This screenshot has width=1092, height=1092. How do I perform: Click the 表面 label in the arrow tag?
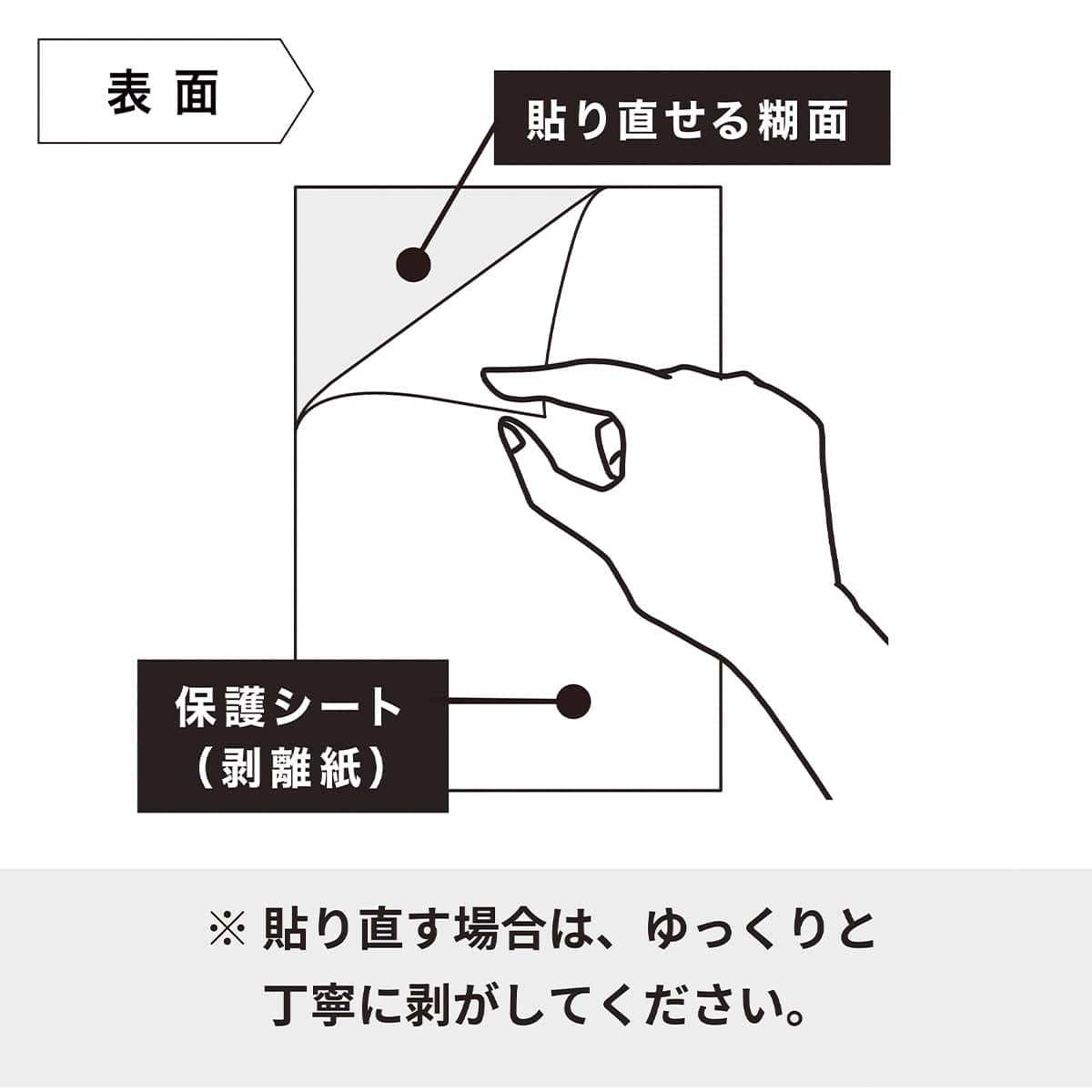(164, 93)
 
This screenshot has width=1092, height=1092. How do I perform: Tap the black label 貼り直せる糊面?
(691, 119)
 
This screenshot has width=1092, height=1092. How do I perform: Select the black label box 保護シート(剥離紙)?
(292, 735)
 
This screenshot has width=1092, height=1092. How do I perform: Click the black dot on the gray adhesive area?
(413, 264)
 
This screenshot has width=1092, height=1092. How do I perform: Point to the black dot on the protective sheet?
(572, 701)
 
